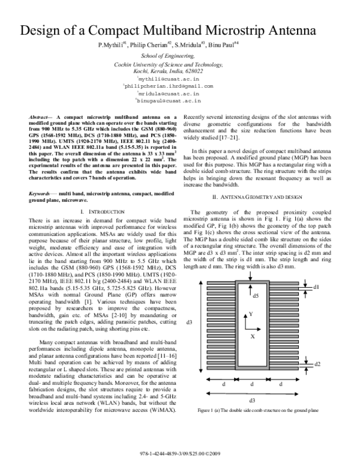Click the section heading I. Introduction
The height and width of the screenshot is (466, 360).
[x=100, y=196]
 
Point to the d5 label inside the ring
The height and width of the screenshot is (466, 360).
[x=254, y=296]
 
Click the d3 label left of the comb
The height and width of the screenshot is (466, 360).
[x=190, y=322]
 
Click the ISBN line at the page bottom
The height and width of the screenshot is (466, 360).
[x=181, y=451]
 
